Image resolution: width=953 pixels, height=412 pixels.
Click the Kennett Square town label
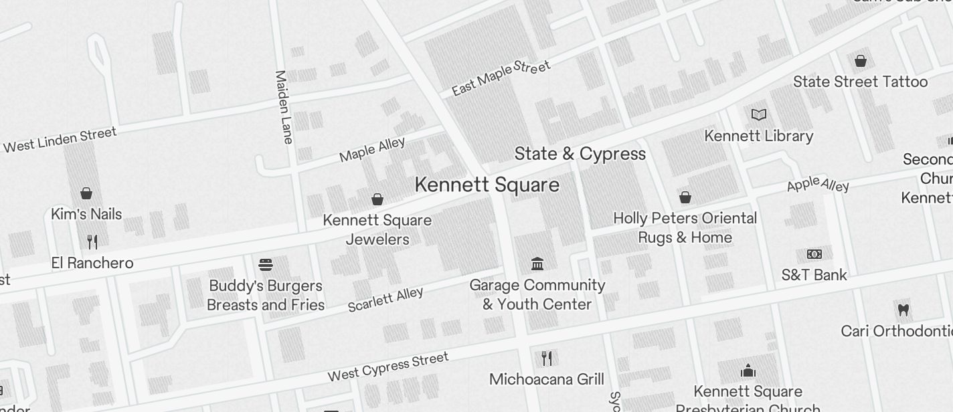pos(487,185)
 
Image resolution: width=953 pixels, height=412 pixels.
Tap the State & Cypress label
pos(580,154)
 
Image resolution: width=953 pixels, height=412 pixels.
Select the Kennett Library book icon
pos(758,115)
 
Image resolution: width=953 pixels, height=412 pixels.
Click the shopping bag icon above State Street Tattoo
pos(860,61)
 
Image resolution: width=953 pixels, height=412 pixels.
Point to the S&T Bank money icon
pos(814,254)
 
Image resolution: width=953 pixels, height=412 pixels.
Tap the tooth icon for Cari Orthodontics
pos(903,310)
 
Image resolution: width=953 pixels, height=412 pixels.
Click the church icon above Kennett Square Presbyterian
pos(748,371)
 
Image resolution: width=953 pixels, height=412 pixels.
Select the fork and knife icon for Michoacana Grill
pos(547,358)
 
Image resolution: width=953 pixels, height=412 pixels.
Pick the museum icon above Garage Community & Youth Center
pos(537,264)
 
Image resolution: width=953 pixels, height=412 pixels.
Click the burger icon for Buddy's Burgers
pos(266,265)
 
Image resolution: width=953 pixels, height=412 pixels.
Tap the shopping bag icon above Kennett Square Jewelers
pos(377,199)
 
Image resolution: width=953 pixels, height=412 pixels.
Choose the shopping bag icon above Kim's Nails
pos(86,193)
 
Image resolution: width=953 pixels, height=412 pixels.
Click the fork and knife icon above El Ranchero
pos(92,241)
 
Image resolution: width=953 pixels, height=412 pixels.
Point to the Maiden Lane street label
pos(284,107)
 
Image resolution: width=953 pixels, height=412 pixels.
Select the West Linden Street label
pos(60,140)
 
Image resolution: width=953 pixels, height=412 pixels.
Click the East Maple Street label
pos(501,78)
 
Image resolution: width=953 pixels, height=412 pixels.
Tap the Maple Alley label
pos(372,150)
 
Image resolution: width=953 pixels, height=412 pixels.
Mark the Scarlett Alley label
pos(385,300)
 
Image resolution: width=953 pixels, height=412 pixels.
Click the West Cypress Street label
pos(387,367)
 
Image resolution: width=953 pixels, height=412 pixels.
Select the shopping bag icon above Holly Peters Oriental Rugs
pos(685,197)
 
